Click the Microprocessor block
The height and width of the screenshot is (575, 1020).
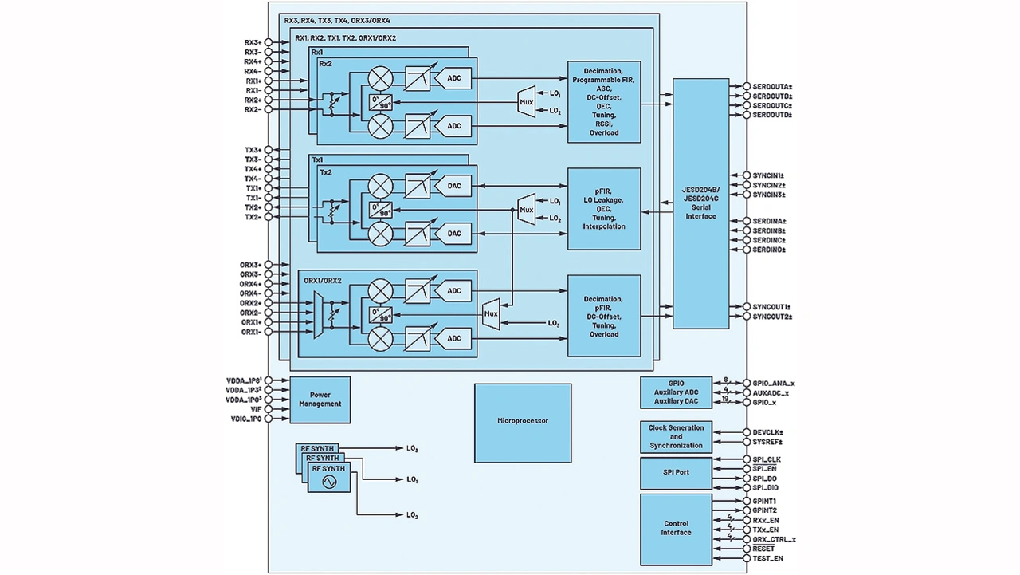523,423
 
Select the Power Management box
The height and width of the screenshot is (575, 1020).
320,400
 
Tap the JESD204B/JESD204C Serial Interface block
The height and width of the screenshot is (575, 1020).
700,203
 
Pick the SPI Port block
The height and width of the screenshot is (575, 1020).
676,473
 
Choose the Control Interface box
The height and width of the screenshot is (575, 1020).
676,528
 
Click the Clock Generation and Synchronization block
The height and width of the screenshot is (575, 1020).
676,437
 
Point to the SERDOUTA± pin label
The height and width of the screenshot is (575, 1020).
771,86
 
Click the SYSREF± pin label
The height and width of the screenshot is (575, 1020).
767,442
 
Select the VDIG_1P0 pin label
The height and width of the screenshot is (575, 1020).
245,419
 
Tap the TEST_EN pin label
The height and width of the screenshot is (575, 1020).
767,558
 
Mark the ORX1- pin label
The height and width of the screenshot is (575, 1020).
251,332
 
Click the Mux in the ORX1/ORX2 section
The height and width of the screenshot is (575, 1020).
491,313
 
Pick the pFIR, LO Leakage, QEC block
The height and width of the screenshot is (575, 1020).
604,209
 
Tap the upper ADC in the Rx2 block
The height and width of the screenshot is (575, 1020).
454,78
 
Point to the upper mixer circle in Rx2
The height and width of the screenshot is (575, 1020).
381,78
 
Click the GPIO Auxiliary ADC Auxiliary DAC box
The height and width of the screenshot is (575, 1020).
676,392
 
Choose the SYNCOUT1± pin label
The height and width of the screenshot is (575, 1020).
771,307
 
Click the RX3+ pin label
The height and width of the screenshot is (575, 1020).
253,42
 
